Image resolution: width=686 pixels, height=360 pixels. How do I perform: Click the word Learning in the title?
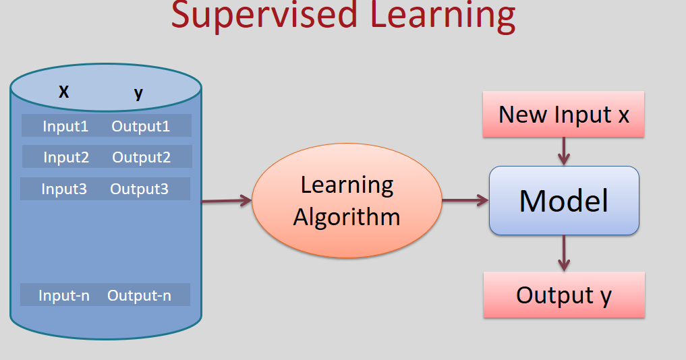(x=440, y=15)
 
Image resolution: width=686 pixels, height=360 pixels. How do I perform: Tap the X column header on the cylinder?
(x=63, y=92)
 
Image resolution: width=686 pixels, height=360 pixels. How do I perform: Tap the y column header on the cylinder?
(x=138, y=92)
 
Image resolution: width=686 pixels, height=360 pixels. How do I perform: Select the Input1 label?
(x=65, y=126)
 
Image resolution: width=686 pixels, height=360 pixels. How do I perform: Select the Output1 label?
(x=141, y=126)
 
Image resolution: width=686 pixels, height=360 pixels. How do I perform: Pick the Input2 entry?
(x=66, y=157)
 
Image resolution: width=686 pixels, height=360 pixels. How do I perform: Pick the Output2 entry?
(x=142, y=157)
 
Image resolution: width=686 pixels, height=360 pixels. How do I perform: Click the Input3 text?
(x=64, y=189)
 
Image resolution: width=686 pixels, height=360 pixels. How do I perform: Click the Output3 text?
(x=140, y=189)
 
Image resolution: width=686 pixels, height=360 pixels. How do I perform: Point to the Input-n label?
(x=64, y=295)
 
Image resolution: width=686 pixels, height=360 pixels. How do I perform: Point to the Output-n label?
(x=140, y=295)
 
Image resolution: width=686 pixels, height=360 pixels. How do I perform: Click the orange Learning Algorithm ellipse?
(x=347, y=200)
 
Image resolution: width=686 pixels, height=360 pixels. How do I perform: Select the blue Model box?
(x=564, y=200)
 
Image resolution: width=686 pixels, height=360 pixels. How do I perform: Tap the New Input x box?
(x=564, y=114)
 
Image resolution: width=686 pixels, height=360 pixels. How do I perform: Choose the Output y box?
(x=564, y=295)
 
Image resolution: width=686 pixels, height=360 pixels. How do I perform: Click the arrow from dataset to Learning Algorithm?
(x=226, y=200)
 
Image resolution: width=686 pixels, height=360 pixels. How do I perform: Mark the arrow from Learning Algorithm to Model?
(x=465, y=200)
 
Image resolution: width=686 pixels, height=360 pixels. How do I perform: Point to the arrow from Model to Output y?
(x=564, y=253)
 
